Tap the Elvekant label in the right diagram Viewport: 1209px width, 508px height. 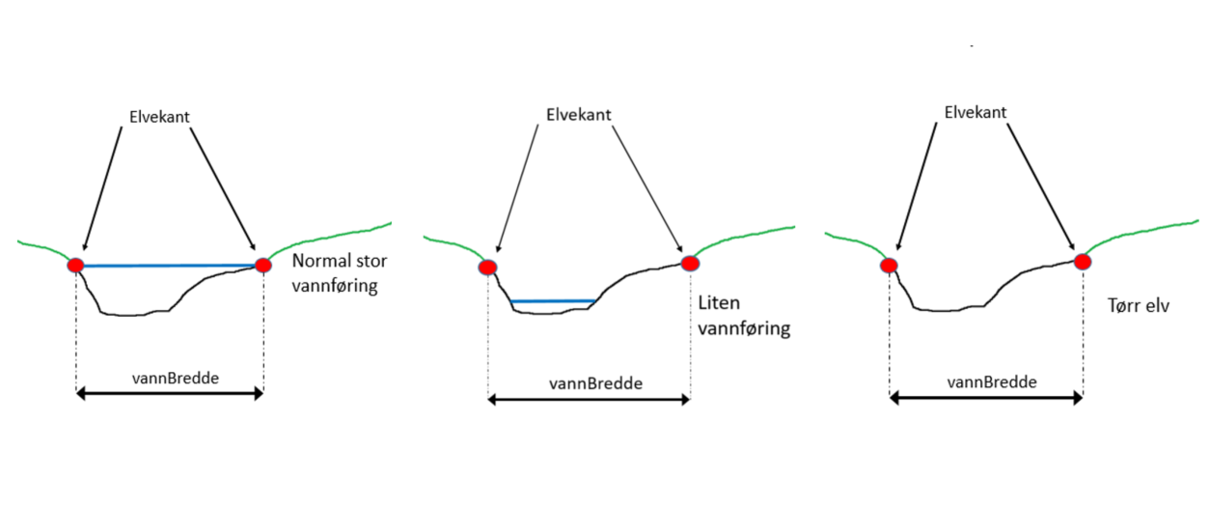point(975,113)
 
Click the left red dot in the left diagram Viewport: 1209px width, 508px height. point(75,265)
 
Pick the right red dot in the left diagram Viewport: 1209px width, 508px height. point(262,265)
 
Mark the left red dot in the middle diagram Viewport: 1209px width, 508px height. point(488,268)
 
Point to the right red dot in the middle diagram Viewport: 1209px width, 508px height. point(689,262)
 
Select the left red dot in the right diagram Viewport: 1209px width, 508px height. point(889,266)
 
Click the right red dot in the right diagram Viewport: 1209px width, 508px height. point(1083,261)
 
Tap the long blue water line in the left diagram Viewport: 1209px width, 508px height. point(169,265)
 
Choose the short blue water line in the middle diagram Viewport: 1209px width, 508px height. point(552,301)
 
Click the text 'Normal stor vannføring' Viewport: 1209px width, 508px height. point(339,274)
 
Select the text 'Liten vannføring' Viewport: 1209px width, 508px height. point(743,316)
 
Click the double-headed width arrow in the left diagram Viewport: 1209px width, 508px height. point(169,393)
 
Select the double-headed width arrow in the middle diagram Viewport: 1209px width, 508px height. point(589,399)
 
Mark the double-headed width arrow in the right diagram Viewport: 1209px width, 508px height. point(985,397)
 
